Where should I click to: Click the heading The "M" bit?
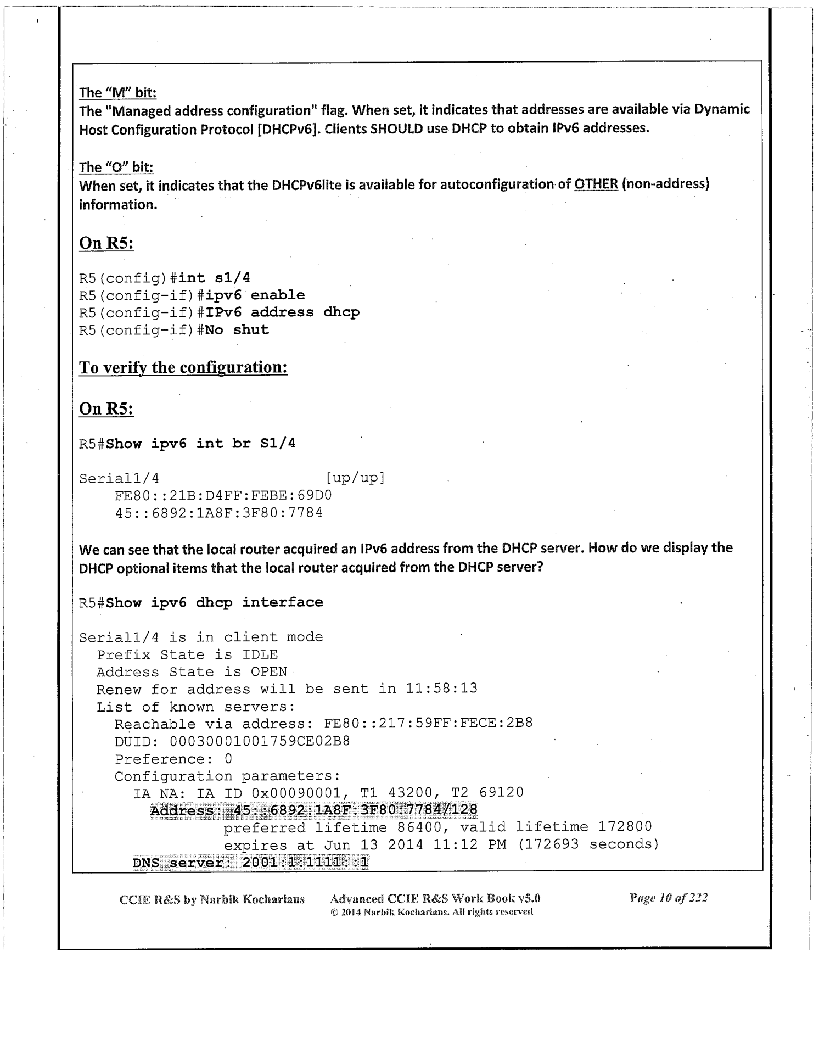click(x=117, y=92)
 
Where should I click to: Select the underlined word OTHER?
click(x=596, y=184)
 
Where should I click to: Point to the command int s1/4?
click(x=215, y=278)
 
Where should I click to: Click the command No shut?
click(x=237, y=331)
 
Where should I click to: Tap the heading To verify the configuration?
click(x=183, y=367)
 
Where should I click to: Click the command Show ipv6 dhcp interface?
click(x=214, y=603)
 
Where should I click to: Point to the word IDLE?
click(x=260, y=655)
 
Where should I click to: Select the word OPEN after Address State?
click(x=268, y=673)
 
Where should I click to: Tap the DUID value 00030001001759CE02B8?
click(x=260, y=742)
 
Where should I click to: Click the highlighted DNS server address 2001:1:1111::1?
click(x=305, y=863)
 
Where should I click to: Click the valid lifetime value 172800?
click(x=625, y=827)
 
